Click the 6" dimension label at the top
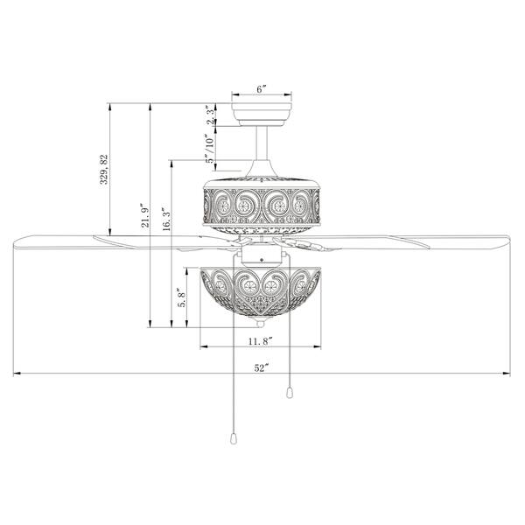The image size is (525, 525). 261,88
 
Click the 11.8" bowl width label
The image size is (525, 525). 260,339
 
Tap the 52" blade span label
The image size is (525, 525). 261,367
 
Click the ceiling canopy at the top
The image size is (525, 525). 262,111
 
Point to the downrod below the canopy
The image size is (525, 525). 262,144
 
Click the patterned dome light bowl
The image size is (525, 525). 260,293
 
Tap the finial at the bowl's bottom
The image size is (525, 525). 261,324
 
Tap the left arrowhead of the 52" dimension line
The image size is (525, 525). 17,374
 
